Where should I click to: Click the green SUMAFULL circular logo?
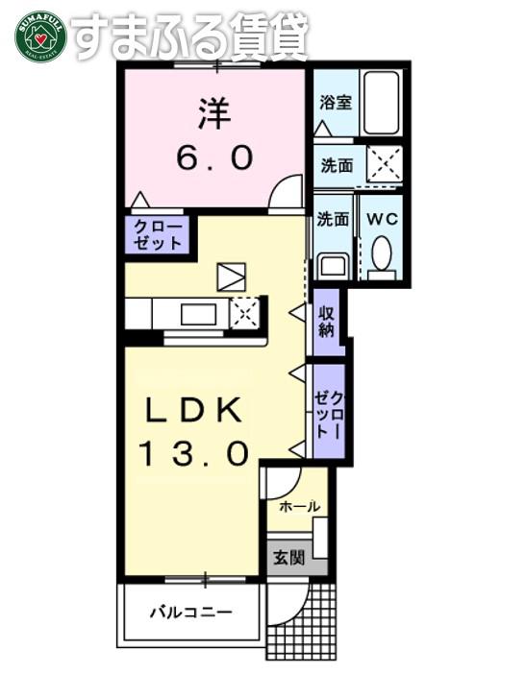click(40, 36)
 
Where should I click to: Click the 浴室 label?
click(336, 103)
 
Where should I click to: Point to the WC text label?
click(382, 219)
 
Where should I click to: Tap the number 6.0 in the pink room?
click(214, 157)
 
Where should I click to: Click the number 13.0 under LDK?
click(193, 453)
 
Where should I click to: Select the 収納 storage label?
click(326, 323)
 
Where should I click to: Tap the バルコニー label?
click(190, 613)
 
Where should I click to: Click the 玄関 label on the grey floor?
click(288, 557)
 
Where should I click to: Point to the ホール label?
click(299, 506)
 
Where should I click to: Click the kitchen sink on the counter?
click(198, 314)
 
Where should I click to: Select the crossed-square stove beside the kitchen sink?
click(244, 312)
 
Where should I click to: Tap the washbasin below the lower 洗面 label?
click(333, 265)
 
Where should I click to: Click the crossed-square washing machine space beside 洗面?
click(385, 163)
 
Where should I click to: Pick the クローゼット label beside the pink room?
click(158, 234)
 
